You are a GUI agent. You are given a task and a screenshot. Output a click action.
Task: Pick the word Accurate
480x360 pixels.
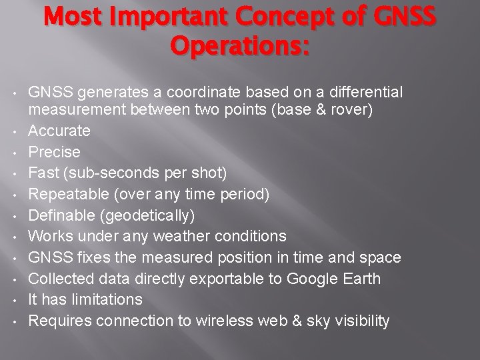pos(59,130)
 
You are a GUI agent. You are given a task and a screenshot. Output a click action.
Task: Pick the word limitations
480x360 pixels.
pos(105,299)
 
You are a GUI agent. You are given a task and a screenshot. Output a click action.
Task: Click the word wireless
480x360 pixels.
pos(222,321)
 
